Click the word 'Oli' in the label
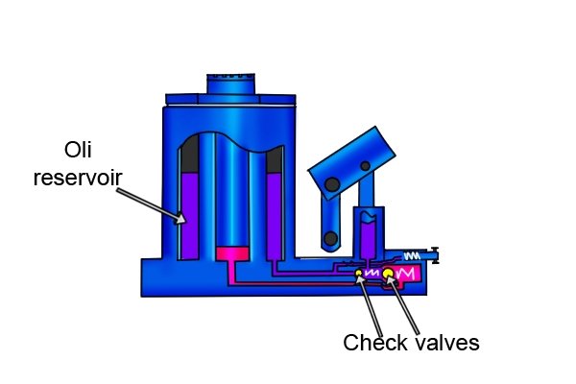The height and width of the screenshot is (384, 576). point(78,150)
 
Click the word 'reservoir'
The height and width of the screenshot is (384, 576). point(78,178)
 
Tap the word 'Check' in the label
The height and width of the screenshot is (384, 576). point(375,343)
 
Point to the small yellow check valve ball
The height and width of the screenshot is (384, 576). point(359,273)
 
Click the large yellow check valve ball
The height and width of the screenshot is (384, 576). point(388,274)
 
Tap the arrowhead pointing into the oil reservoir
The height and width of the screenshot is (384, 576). point(180,219)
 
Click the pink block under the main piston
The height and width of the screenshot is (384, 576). point(232,253)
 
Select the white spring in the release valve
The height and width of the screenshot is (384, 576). point(412,255)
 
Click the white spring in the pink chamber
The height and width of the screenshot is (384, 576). point(405,274)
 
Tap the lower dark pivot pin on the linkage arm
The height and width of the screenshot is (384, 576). point(330,239)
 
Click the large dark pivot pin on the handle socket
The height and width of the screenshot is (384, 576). point(332,184)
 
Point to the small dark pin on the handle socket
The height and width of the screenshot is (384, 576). point(365,166)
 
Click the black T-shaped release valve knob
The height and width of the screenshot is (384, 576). point(435,255)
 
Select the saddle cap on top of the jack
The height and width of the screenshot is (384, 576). point(230,84)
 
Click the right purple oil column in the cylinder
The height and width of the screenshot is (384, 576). point(274,216)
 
